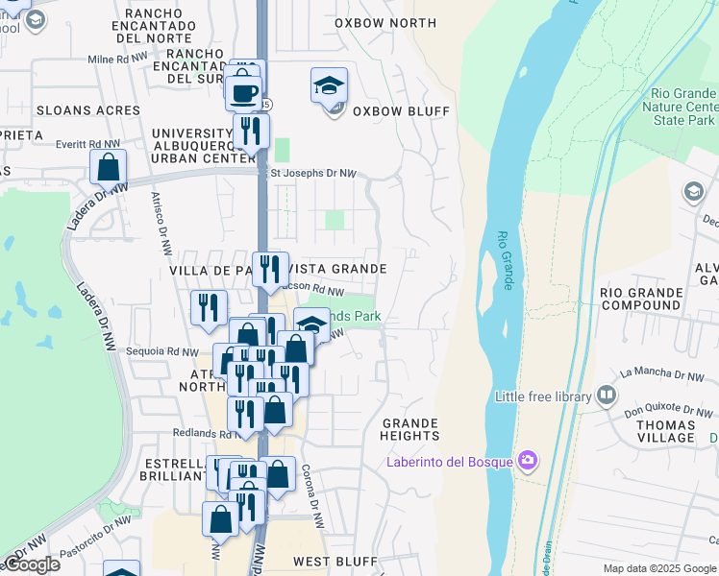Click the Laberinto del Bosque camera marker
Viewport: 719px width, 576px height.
click(527, 462)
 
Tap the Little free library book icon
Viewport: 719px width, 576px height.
click(607, 396)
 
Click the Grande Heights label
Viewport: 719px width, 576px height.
click(410, 429)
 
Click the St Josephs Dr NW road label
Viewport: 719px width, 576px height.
click(313, 174)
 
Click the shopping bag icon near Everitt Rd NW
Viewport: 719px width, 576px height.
click(109, 167)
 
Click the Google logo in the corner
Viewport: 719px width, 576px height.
click(32, 564)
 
